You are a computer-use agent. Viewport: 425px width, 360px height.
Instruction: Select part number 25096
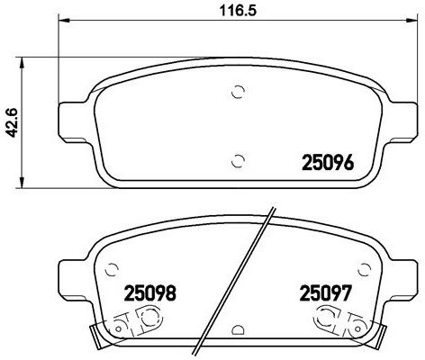[324, 164]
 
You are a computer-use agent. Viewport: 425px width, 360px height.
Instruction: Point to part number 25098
[149, 292]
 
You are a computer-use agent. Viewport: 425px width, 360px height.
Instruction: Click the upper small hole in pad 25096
[238, 91]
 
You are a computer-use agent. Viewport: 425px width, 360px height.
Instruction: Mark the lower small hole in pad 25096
[238, 160]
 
